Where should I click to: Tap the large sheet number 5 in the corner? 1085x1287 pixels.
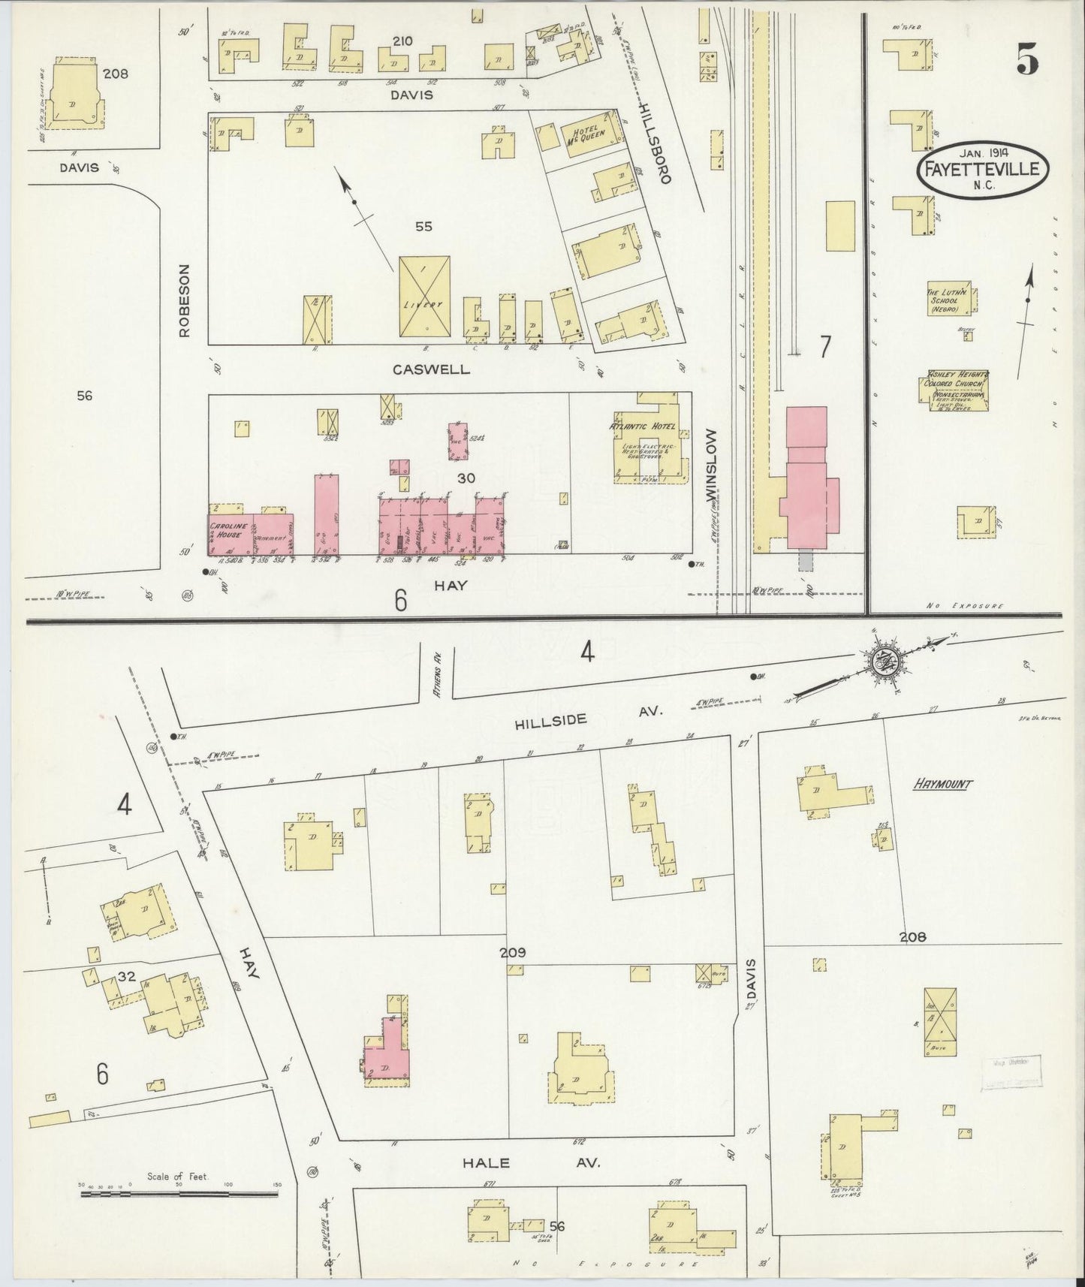coord(1028,59)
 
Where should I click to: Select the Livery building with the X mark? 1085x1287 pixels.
coord(425,297)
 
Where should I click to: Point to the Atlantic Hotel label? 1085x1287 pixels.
coord(643,426)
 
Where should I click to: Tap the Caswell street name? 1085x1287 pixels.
coord(431,369)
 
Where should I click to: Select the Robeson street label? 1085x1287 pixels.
coord(186,300)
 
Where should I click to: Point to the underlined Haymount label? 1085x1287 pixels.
coord(942,785)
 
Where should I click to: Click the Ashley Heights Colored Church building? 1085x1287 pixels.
coord(952,391)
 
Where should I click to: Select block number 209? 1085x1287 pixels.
coord(513,953)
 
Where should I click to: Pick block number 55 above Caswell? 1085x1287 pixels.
coord(423,226)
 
